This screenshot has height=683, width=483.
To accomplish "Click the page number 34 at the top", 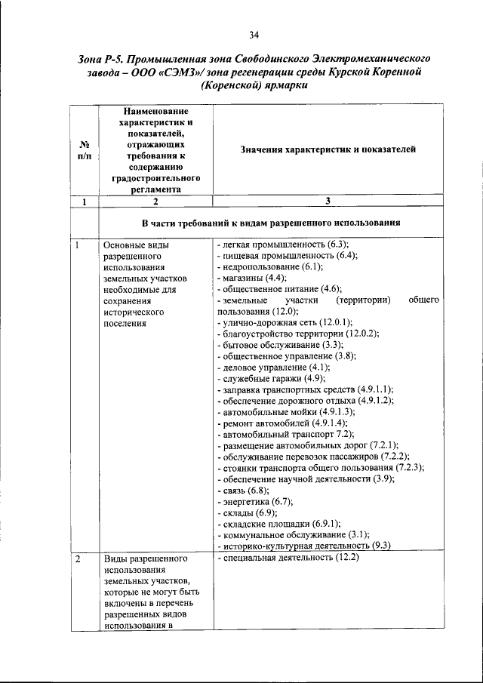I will coord(254,34).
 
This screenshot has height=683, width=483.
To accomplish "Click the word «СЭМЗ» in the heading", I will coord(180,72).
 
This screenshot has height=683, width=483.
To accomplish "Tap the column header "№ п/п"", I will coord(85,149).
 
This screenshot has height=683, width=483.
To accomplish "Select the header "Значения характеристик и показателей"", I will coord(328,149).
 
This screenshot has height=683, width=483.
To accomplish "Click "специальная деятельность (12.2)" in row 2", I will coord(287,558).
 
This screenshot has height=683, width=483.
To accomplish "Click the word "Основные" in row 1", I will coord(125,245).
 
